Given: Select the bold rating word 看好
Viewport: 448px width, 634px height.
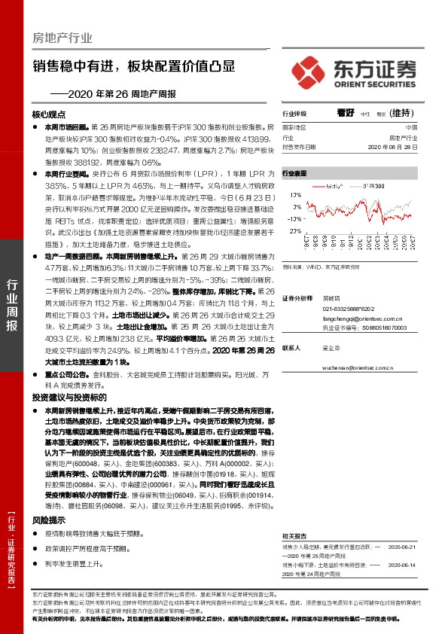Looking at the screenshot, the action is [x=346, y=112].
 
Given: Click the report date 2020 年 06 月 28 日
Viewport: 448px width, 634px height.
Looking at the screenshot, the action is [x=395, y=148].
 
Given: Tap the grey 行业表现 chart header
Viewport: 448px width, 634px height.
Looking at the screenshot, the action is [x=294, y=173].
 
